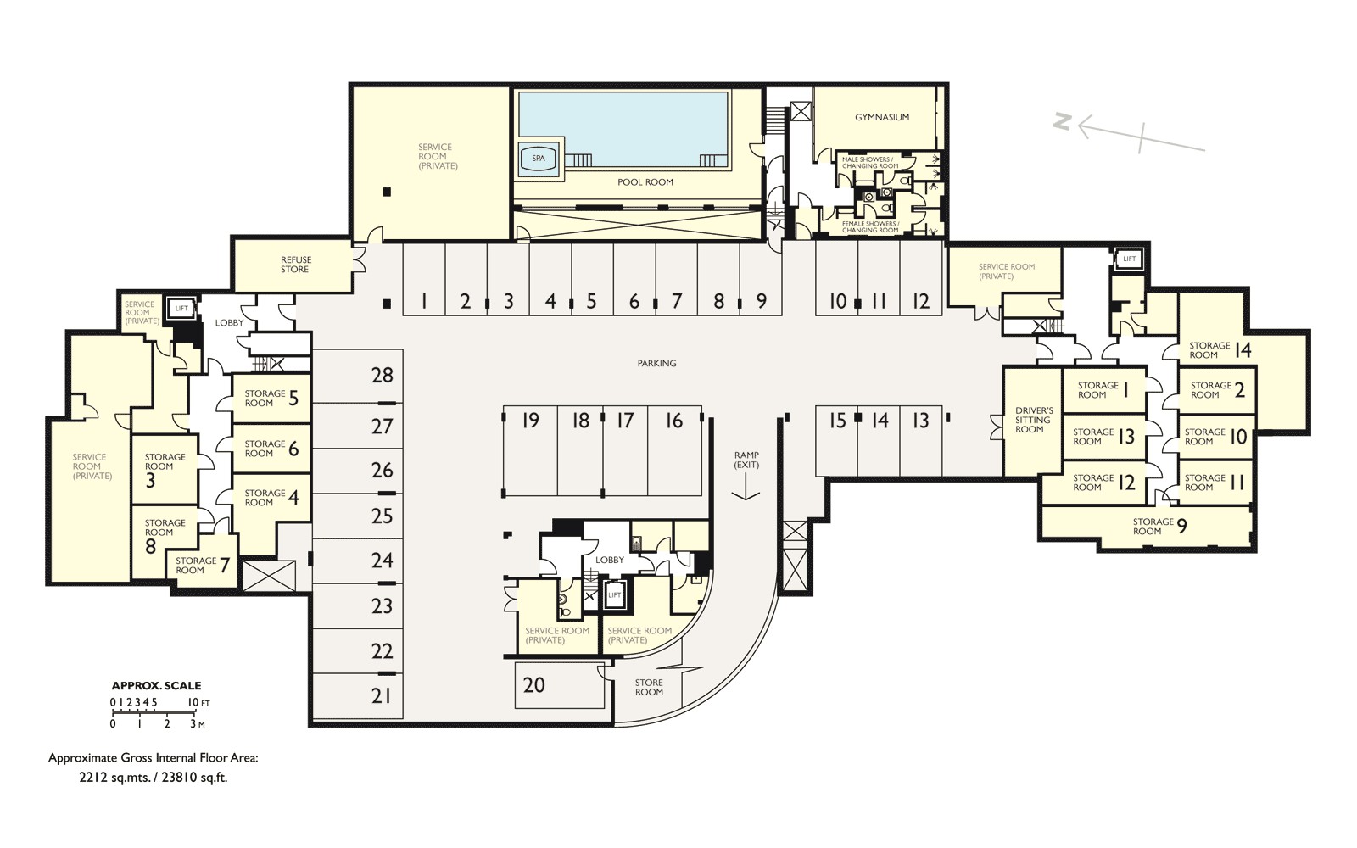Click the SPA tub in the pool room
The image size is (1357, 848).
(x=539, y=159)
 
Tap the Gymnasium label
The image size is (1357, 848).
(x=882, y=118)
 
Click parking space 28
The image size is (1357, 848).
(x=357, y=376)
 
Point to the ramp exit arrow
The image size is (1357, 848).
(x=746, y=488)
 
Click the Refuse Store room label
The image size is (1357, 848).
(x=296, y=265)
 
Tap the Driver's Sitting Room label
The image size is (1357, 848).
(x=1034, y=420)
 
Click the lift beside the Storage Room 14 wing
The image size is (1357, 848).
(x=1130, y=259)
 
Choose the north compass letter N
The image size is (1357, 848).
(x=1061, y=122)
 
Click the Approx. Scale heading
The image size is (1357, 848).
(x=156, y=686)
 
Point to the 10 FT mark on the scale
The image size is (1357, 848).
(x=198, y=703)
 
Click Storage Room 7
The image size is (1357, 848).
(x=203, y=566)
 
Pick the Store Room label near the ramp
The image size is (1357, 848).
(x=649, y=687)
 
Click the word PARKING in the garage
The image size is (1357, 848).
(x=656, y=364)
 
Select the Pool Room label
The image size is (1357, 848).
(x=645, y=182)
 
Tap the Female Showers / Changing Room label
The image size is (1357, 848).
(x=870, y=227)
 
